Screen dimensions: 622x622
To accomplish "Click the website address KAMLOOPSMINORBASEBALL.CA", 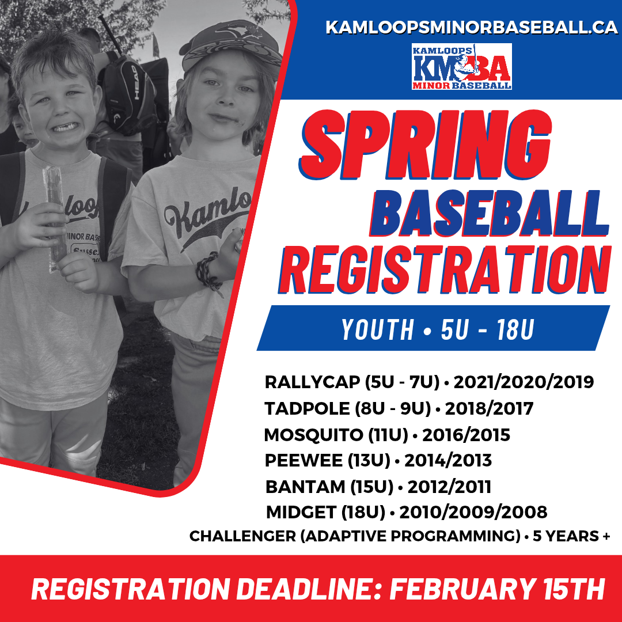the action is [x=471, y=28].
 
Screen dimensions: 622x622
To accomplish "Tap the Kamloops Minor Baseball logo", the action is [x=461, y=67].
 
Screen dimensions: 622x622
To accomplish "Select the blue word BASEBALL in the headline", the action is [x=489, y=214].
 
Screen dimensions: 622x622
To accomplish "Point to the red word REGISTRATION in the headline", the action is [x=444, y=270].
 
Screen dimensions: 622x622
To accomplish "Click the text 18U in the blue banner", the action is [x=515, y=329].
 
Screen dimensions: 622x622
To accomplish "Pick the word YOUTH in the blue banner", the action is [x=377, y=329].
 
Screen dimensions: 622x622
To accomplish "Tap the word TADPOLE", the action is [x=307, y=408].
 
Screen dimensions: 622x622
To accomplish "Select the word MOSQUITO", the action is [x=313, y=435].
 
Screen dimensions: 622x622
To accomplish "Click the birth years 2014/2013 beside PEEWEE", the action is [x=448, y=461].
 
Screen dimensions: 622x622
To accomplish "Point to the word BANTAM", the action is [x=305, y=487].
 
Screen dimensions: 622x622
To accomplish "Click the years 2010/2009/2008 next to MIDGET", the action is [x=473, y=512].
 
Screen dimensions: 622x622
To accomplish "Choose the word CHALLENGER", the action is [x=243, y=536].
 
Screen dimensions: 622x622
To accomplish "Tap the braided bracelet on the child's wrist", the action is [x=209, y=272].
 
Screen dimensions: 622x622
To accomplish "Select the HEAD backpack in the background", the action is [x=130, y=95].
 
